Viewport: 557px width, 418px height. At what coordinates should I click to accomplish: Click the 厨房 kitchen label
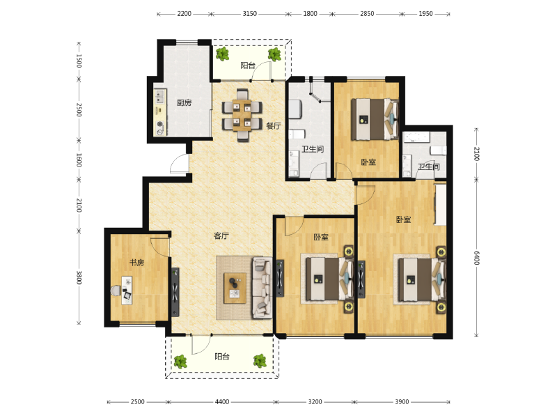tap(184, 103)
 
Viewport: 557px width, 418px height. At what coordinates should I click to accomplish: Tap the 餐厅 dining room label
tap(273, 126)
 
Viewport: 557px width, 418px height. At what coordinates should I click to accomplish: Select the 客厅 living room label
tap(221, 236)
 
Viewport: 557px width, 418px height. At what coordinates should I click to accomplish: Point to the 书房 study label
tap(136, 263)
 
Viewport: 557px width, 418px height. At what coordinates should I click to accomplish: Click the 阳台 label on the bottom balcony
tap(222, 356)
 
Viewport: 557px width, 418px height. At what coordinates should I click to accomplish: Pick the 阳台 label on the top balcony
tap(248, 65)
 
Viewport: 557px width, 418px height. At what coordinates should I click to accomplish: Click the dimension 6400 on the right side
tap(476, 258)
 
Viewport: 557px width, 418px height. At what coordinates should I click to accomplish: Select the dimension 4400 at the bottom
tap(221, 402)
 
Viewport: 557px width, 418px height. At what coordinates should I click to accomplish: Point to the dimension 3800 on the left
tap(79, 277)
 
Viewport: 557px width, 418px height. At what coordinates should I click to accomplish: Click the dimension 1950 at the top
tap(426, 13)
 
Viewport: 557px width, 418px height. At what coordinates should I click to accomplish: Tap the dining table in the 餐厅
tap(242, 115)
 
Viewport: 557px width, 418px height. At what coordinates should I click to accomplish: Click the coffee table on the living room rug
tap(235, 287)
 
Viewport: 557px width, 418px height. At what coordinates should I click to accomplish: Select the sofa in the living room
tap(262, 287)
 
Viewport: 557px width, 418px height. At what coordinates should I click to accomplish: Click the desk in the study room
tap(127, 289)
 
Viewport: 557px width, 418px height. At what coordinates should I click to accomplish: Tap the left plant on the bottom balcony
tap(180, 361)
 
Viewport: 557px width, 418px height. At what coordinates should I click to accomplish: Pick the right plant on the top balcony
tap(274, 54)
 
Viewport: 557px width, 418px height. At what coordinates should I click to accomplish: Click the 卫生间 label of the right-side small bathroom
tap(428, 167)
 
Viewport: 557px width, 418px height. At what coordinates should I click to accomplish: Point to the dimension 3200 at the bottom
tap(315, 402)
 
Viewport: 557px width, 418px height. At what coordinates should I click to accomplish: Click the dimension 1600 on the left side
tap(79, 160)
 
